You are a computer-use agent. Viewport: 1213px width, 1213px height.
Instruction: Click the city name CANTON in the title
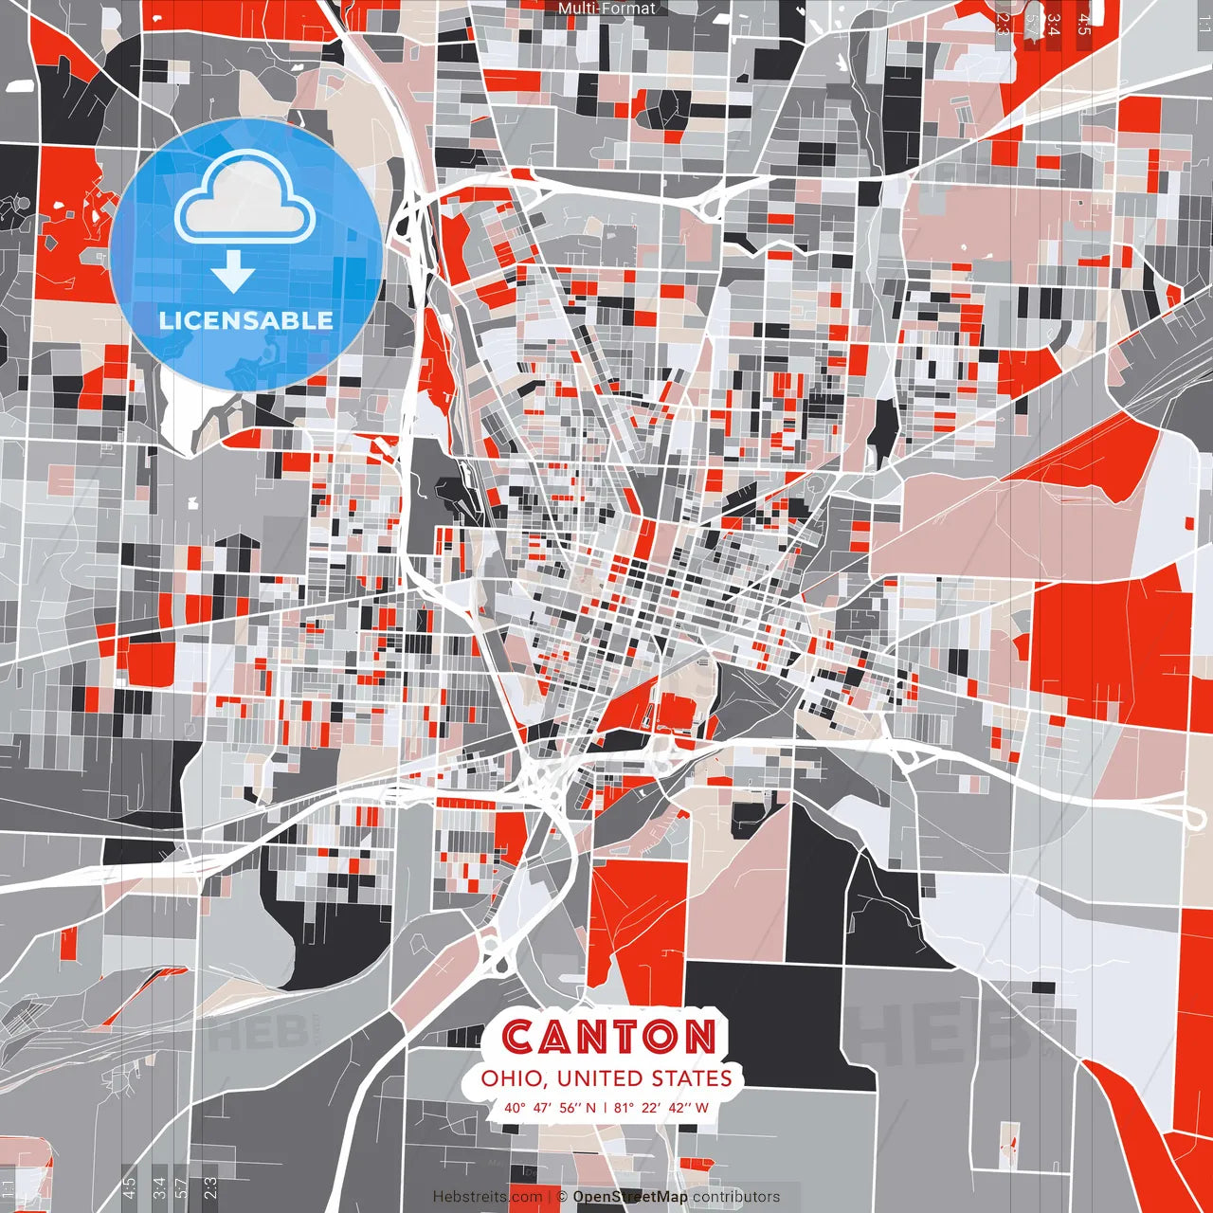[607, 1037]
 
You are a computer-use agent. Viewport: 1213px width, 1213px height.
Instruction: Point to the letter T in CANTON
[626, 1038]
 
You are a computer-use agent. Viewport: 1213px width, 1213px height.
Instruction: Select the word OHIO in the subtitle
[511, 1078]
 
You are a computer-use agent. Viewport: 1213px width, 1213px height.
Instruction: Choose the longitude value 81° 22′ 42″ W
[661, 1107]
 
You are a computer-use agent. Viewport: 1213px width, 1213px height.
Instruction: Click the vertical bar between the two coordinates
[606, 1107]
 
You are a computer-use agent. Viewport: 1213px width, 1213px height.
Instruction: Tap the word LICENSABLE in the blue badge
[246, 320]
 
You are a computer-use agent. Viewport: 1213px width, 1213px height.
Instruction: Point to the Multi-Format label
[606, 9]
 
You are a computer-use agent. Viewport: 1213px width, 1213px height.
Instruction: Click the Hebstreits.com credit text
[488, 1197]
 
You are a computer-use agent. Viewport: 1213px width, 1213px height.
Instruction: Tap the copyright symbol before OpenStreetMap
[562, 1197]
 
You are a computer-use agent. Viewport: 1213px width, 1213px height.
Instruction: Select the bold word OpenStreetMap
[630, 1197]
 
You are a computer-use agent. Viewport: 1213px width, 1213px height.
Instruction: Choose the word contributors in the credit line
[736, 1197]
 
